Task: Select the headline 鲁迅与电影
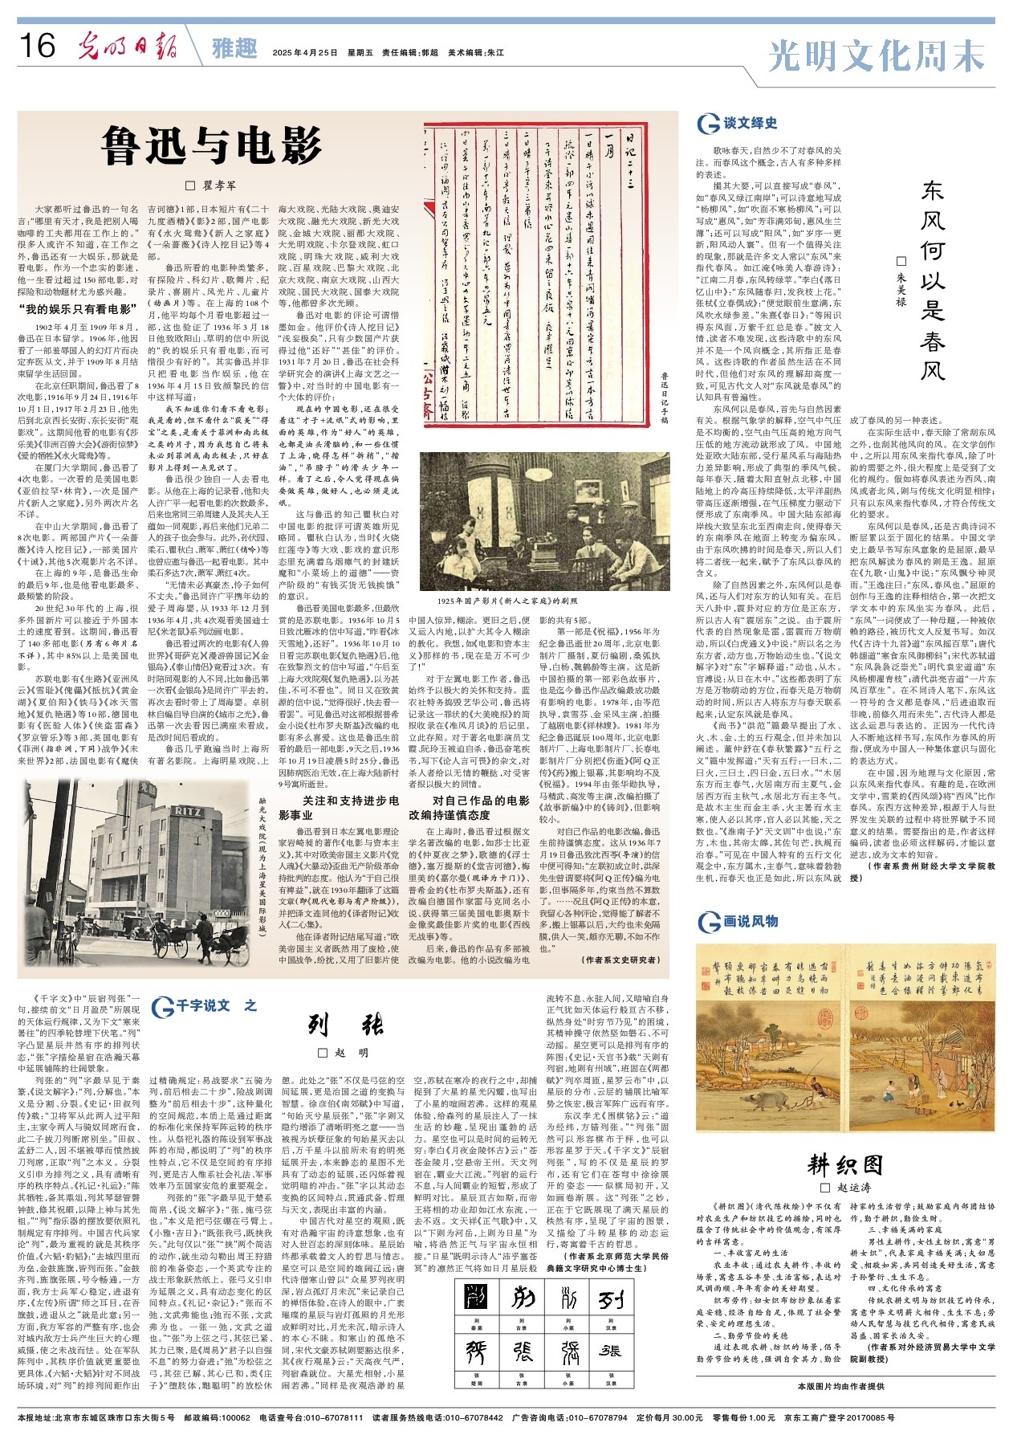pyautogui.click(x=211, y=146)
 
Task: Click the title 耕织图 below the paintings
pyautogui.click(x=845, y=1165)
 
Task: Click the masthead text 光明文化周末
pyautogui.click(x=877, y=55)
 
